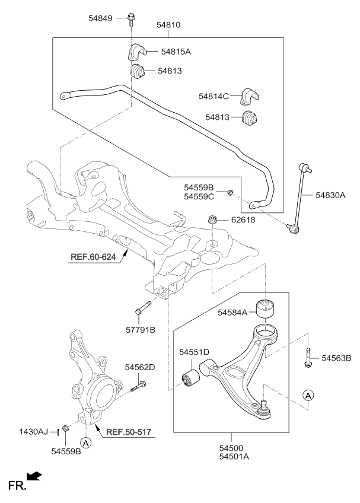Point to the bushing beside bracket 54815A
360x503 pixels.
pyautogui.click(x=138, y=72)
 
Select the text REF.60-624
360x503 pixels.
pyautogui.click(x=94, y=258)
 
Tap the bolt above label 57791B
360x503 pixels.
pyautogui.click(x=142, y=308)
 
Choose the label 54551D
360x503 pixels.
pyautogui.click(x=195, y=352)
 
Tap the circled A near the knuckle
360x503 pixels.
pyautogui.click(x=86, y=441)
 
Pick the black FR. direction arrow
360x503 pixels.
pyautogui.click(x=36, y=476)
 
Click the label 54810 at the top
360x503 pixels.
pyautogui.click(x=168, y=26)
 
